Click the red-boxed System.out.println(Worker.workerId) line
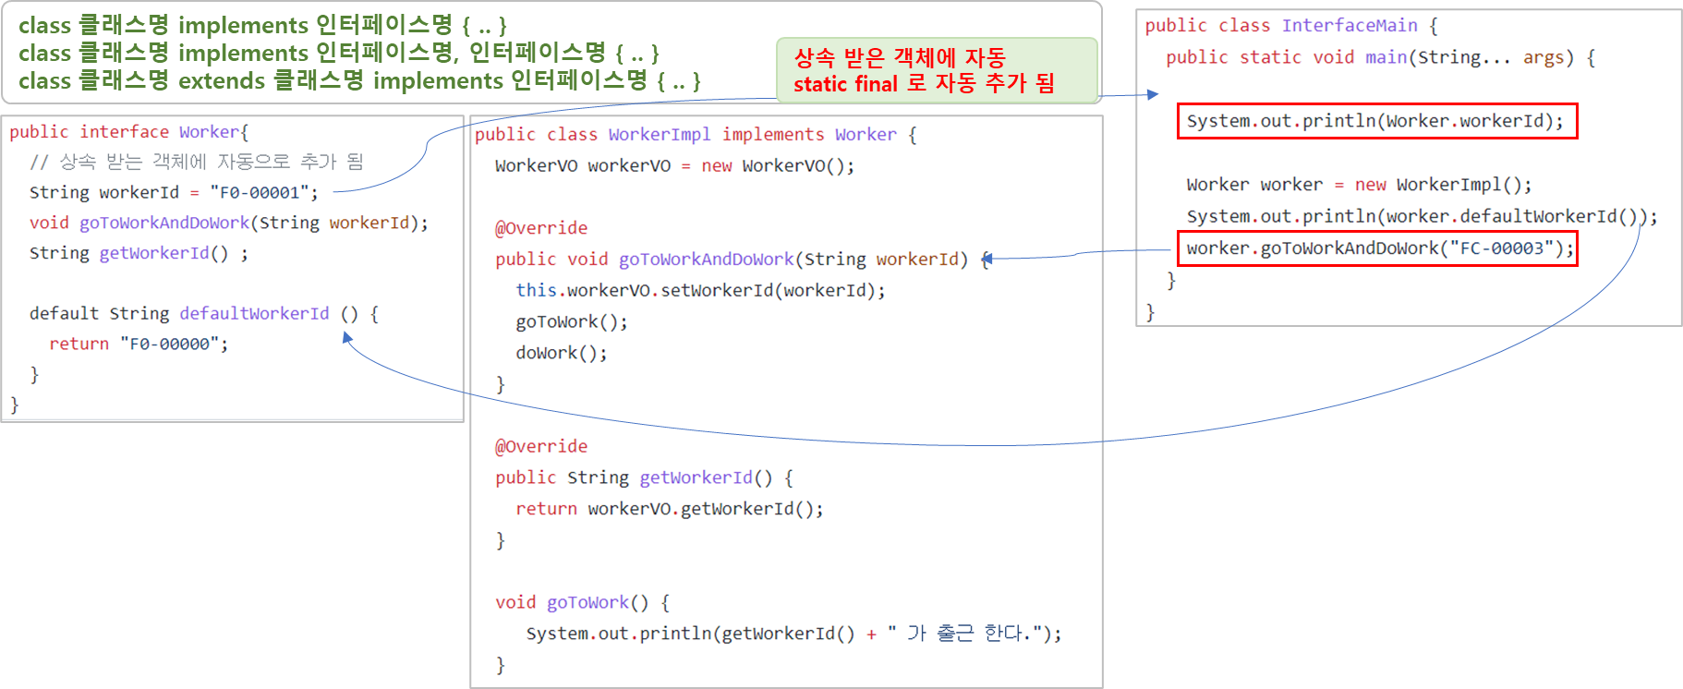click(1376, 121)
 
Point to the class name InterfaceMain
click(1349, 26)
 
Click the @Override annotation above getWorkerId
click(541, 446)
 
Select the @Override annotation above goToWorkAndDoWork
click(541, 228)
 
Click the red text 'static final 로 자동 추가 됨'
click(924, 84)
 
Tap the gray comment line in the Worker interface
click(196, 162)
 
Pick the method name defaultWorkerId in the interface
click(254, 313)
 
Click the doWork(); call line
click(561, 353)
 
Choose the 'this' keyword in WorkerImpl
click(536, 290)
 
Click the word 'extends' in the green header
click(222, 81)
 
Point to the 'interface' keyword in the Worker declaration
click(124, 132)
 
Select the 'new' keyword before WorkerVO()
click(717, 166)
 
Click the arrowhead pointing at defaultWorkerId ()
click(346, 337)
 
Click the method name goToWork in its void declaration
click(587, 602)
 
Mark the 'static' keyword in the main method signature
click(1270, 57)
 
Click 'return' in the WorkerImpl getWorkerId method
click(546, 509)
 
